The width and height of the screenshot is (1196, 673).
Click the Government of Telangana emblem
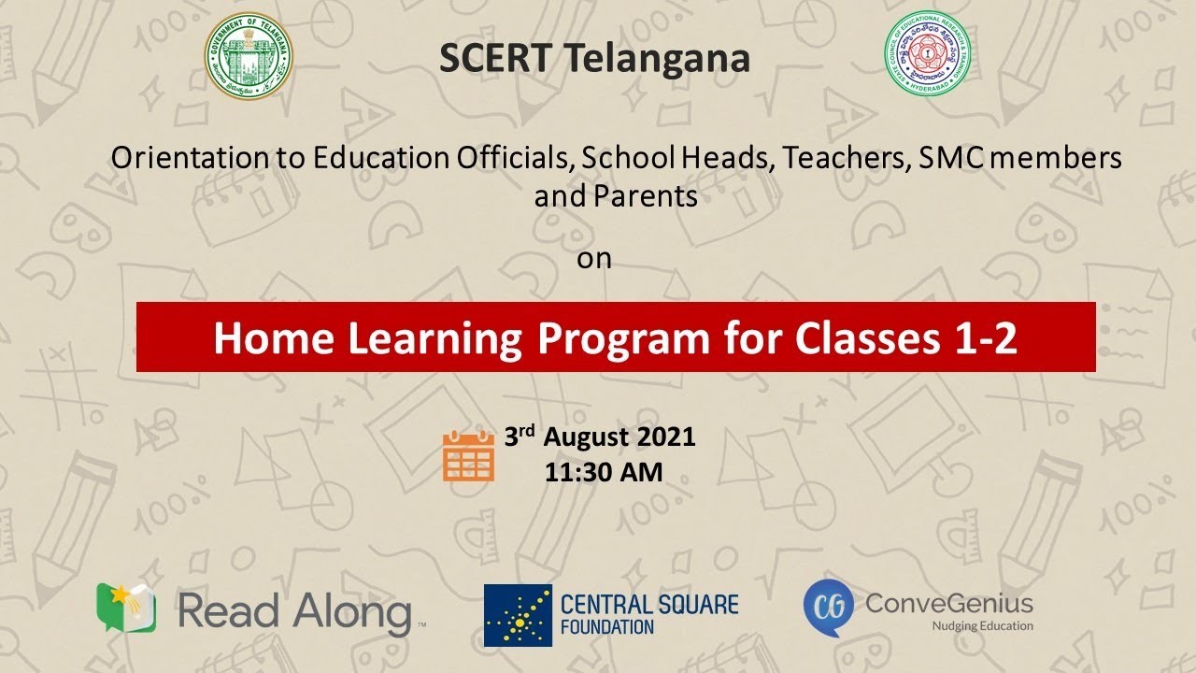tap(248, 56)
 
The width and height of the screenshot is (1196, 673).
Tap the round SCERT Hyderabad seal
tap(927, 56)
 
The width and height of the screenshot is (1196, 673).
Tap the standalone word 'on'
tap(593, 259)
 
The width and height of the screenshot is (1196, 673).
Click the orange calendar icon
tap(468, 455)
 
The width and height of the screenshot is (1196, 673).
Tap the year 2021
tap(667, 437)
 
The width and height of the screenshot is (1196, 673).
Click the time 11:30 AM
tap(604, 472)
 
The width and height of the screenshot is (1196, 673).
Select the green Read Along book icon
tap(126, 608)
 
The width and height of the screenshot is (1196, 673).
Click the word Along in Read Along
tap(352, 612)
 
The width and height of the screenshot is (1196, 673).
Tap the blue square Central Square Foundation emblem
tap(518, 615)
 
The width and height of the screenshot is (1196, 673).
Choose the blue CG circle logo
tap(829, 606)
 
